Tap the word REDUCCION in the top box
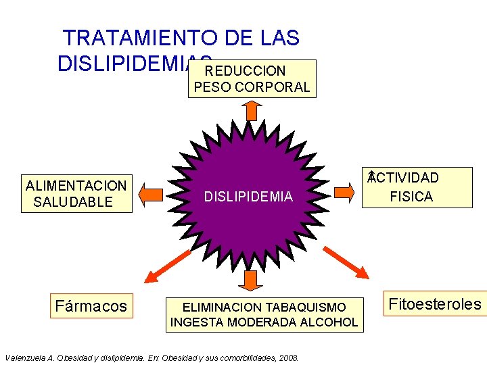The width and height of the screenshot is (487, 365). pos(246,70)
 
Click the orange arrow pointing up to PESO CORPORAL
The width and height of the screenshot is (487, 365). pos(252,110)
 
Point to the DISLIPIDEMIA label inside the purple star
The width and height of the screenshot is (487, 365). pos(248,197)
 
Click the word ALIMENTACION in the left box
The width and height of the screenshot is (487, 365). pos(76,185)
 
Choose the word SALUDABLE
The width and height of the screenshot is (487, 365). pos(73,202)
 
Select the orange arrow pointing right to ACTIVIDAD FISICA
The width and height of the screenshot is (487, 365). pos(344,192)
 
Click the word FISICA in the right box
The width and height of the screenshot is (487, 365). pos(411,197)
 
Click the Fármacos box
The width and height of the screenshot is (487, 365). pos(91,306)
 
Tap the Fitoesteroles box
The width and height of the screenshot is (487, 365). pos(435,304)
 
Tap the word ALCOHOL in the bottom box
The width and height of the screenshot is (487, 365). pos(332,322)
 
